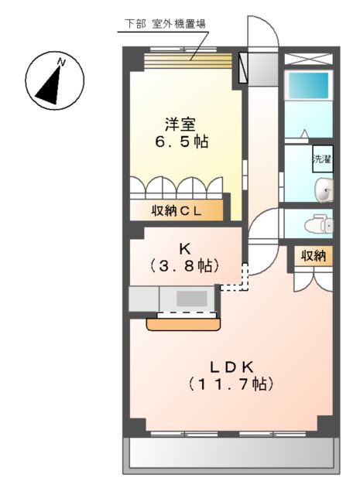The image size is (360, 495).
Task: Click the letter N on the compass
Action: pos(61,62)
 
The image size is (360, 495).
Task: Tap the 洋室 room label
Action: pos(178,123)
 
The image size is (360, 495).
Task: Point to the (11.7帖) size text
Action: pos(230,384)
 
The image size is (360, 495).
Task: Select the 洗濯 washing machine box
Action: pos(322,159)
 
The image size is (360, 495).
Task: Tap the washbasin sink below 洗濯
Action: pos(324,189)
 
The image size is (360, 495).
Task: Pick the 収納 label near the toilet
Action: pos(313,256)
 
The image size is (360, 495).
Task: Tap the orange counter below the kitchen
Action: pos(182,323)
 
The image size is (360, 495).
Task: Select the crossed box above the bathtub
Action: pos(309,59)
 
